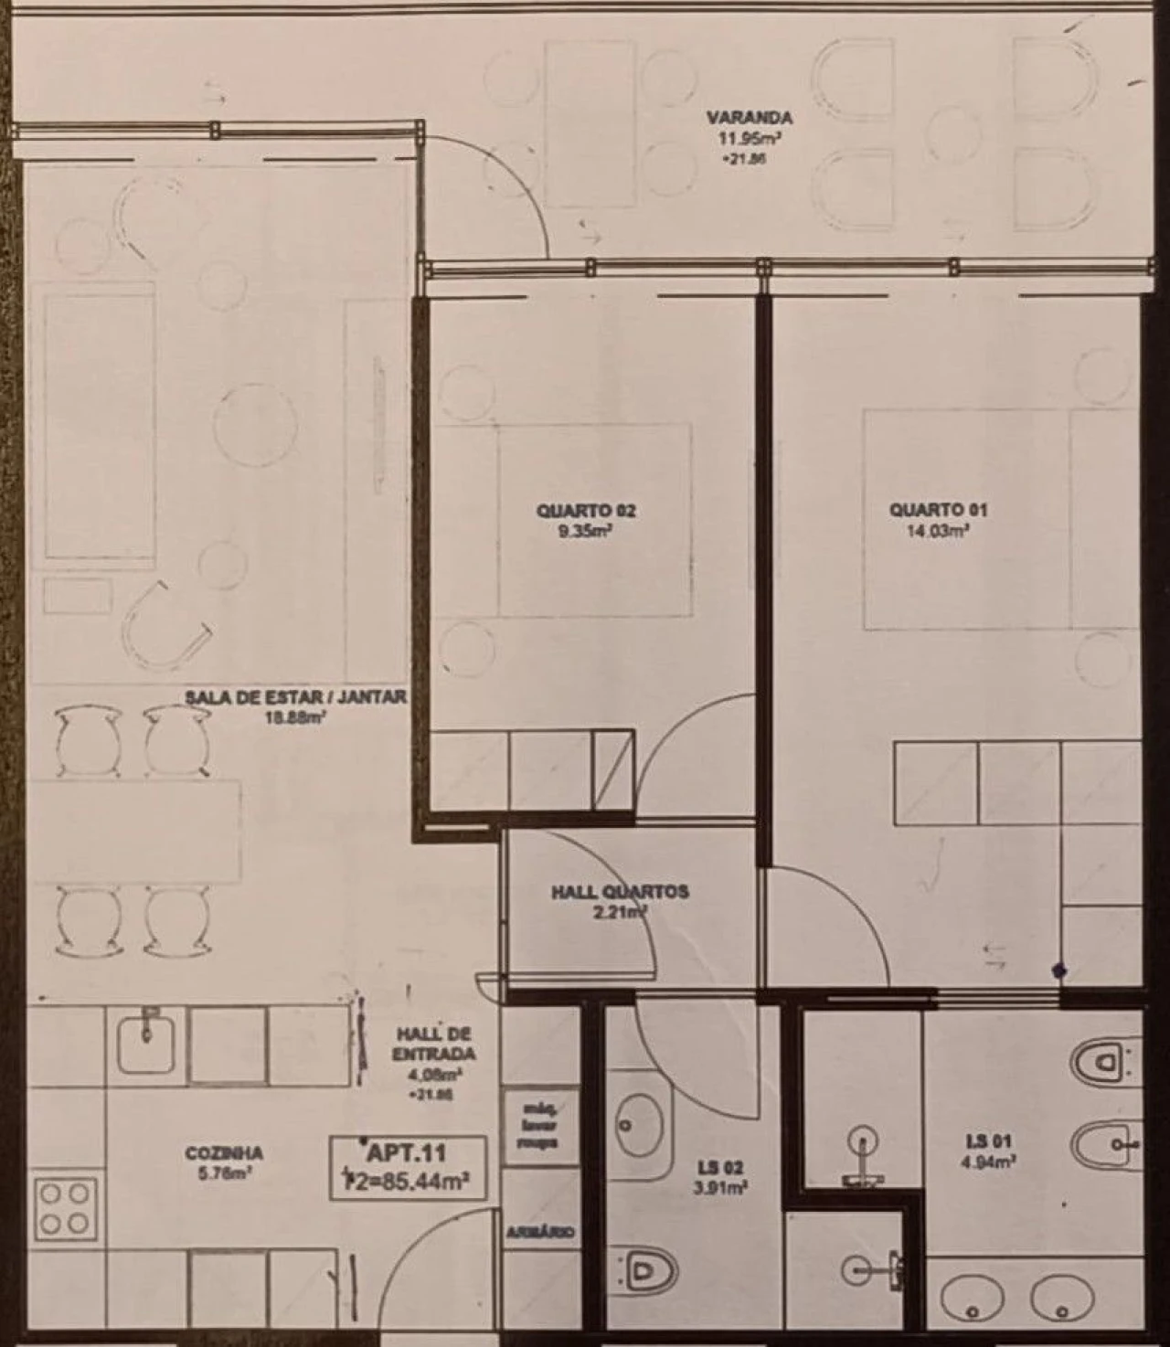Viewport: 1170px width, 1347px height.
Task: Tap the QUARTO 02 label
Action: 586,511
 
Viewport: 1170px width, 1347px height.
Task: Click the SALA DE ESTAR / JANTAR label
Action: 294,697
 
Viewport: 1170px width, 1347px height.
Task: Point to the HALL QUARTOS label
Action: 620,892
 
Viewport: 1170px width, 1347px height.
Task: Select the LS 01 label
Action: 988,1141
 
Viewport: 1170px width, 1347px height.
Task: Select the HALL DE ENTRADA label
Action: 433,1044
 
